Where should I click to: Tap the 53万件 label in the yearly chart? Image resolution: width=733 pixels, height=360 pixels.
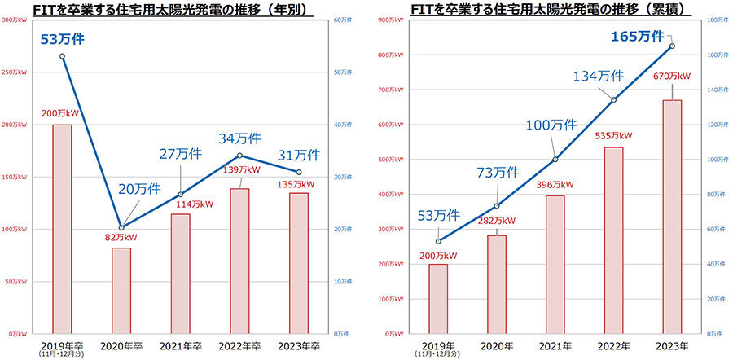coord(62,37)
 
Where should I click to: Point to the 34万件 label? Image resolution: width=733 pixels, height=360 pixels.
coord(238,138)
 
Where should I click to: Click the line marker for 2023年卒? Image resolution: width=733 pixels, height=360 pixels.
coord(299,172)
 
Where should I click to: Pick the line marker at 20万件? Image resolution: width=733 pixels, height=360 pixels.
coord(121,227)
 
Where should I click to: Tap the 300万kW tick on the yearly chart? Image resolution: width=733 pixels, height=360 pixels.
coord(16,20)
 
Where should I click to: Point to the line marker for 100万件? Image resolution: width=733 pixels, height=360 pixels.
coord(555,160)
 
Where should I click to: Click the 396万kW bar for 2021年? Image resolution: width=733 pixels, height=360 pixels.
coord(555,264)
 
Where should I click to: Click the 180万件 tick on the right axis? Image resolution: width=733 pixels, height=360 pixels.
coord(712,20)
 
